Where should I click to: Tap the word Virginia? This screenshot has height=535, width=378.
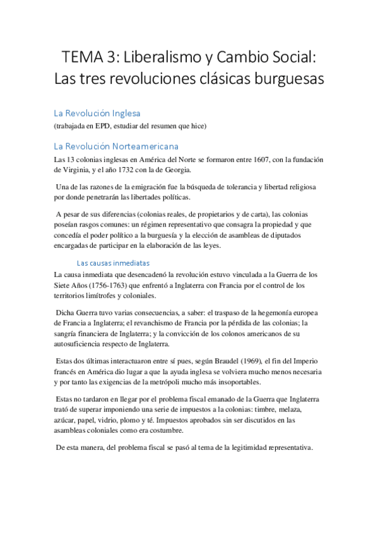[82, 170]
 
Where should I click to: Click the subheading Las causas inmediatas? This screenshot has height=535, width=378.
[113, 262]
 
